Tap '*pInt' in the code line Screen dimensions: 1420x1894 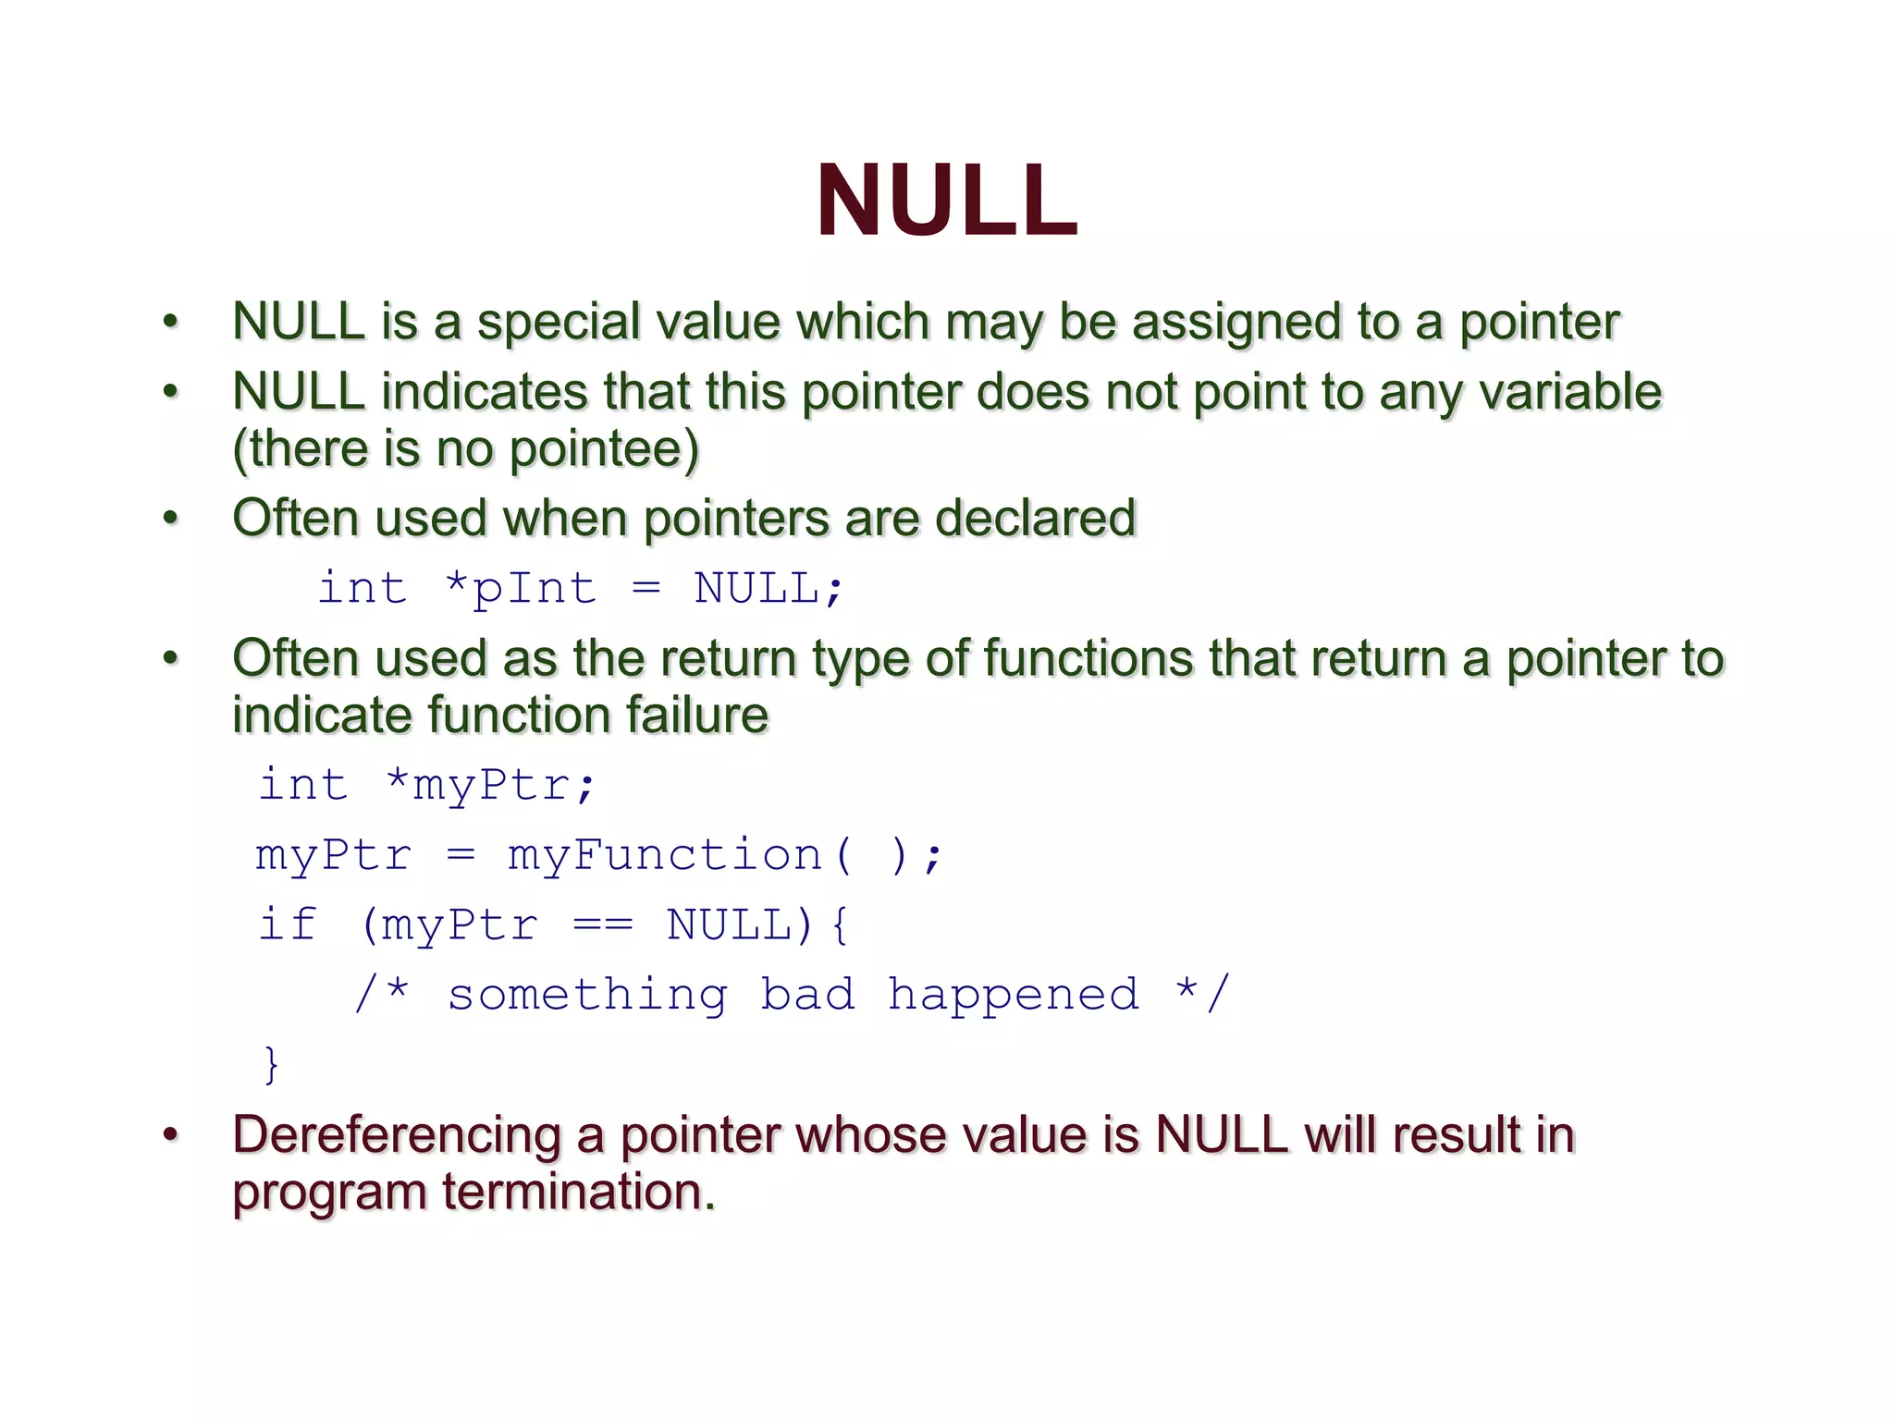pyautogui.click(x=521, y=589)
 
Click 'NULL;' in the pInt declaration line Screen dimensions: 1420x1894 pyautogui.click(x=769, y=589)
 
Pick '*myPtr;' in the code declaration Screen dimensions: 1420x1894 pyautogui.click(x=491, y=786)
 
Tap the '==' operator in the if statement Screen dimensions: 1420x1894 pyautogui.click(x=603, y=924)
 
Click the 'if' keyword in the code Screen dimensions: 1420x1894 pyautogui.click(x=288, y=924)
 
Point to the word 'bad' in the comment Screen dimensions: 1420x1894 pyautogui.click(x=807, y=995)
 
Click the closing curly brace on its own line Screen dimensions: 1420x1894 pyautogui.click(x=271, y=1065)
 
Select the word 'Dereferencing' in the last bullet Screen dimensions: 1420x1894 pyautogui.click(x=397, y=1135)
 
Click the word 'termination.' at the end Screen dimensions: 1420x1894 pyautogui.click(x=579, y=1193)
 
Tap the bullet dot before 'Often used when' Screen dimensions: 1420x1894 pyautogui.click(x=170, y=519)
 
